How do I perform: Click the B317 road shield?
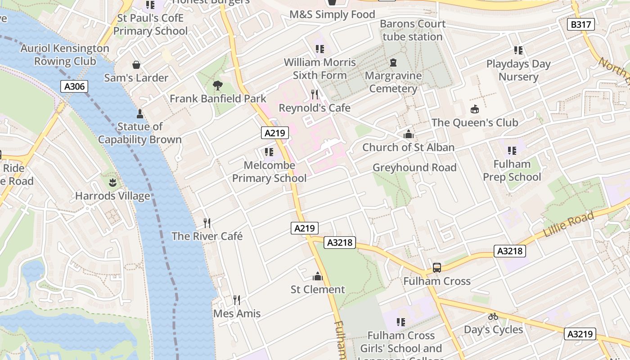(x=580, y=24)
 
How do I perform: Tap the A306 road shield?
(x=74, y=86)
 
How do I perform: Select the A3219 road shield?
(x=580, y=334)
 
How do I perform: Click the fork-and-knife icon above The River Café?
(x=207, y=223)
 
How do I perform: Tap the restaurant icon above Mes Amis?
(x=236, y=300)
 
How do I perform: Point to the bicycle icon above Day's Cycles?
(x=493, y=316)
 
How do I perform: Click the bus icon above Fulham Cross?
(x=436, y=268)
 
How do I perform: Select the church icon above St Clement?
(x=318, y=276)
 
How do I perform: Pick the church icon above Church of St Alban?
(x=408, y=134)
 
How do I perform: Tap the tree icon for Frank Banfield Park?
(x=218, y=85)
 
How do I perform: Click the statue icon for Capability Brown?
(x=139, y=113)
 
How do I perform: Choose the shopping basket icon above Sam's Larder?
(x=136, y=65)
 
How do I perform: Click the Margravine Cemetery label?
(x=393, y=82)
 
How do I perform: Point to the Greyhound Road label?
(x=414, y=168)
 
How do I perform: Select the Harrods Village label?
(x=112, y=196)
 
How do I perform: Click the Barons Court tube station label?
(x=413, y=30)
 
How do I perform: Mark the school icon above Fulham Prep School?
(x=512, y=151)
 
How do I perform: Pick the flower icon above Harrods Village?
(x=112, y=183)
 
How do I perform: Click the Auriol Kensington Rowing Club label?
(x=65, y=54)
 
